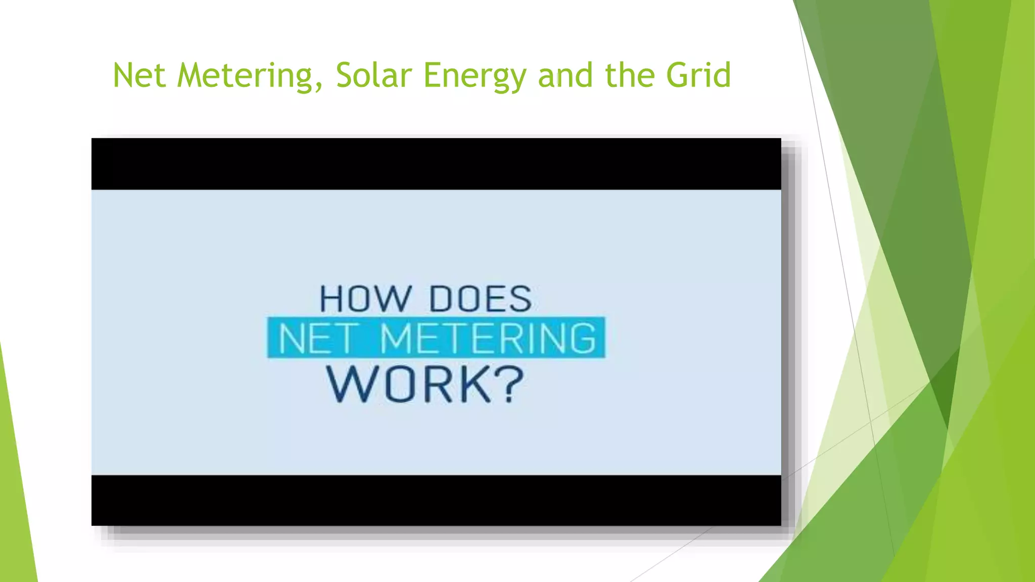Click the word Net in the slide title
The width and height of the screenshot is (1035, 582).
[139, 75]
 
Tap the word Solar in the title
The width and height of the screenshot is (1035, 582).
[374, 75]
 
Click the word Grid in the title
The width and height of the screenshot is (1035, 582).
[698, 75]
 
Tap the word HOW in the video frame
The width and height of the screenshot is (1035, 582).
[366, 299]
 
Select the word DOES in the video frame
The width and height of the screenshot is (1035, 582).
[480, 299]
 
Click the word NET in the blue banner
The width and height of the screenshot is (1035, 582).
[317, 338]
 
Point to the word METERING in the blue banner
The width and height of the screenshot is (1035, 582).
[488, 338]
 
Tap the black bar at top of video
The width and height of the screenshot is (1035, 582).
[436, 164]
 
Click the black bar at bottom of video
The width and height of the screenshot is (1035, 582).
[436, 500]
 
